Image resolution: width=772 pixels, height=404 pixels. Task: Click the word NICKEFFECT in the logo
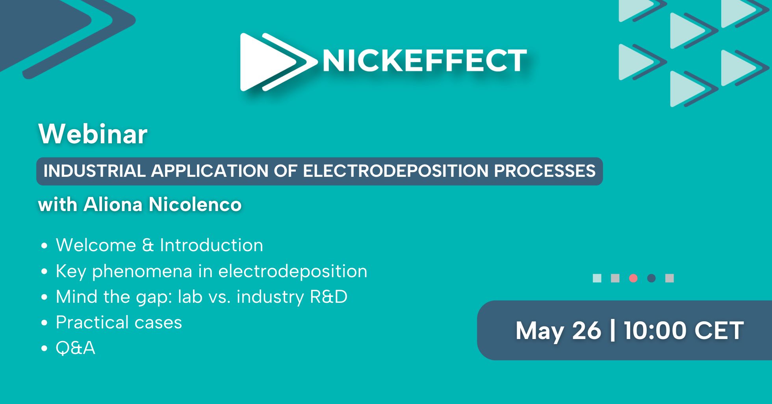tap(425, 61)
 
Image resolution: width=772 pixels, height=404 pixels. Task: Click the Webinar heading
tap(93, 134)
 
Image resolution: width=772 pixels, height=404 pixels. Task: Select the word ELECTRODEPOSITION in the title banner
tap(395, 171)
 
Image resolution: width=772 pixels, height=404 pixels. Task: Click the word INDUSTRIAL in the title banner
tap(95, 171)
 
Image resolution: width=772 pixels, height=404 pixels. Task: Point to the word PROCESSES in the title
tap(545, 171)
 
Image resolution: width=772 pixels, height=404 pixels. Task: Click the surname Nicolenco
tap(195, 204)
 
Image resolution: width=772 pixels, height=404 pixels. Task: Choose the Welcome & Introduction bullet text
tap(160, 245)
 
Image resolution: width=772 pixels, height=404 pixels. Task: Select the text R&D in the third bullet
tap(328, 297)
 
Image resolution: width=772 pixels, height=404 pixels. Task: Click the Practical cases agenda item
tap(119, 322)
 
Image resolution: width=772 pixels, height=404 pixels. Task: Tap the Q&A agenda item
tap(75, 348)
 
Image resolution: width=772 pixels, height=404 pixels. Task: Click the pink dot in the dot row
tap(633, 278)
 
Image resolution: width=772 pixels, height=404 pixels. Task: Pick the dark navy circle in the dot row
tap(651, 278)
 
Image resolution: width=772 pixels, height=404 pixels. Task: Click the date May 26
tap(559, 331)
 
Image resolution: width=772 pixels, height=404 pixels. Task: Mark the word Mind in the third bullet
tap(77, 297)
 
